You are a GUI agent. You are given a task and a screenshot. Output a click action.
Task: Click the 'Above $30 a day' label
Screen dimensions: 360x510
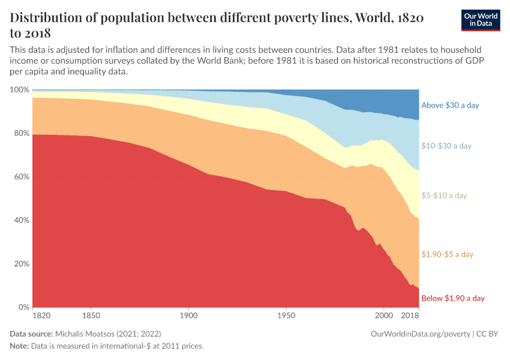click(x=450, y=105)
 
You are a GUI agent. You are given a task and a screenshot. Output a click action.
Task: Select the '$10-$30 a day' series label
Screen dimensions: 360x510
click(x=446, y=146)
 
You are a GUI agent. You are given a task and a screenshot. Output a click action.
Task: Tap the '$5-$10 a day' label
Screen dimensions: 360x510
click(x=444, y=196)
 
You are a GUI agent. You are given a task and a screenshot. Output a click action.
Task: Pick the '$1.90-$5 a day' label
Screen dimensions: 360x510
click(x=448, y=254)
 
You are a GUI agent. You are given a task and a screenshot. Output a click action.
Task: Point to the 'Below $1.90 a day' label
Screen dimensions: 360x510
click(x=452, y=298)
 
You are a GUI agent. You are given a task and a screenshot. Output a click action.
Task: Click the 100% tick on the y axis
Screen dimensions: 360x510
click(x=19, y=90)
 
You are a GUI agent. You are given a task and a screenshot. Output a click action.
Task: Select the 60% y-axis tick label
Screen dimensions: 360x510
click(x=21, y=177)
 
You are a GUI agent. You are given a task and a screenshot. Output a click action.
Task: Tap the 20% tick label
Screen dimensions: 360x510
click(x=21, y=264)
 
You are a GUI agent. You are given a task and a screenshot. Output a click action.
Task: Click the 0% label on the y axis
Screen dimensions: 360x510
click(x=23, y=307)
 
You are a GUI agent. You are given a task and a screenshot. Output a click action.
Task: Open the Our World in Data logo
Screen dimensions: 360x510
click(x=481, y=20)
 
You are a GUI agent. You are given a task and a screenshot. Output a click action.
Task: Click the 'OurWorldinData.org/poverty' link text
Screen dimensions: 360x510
click(x=421, y=333)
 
